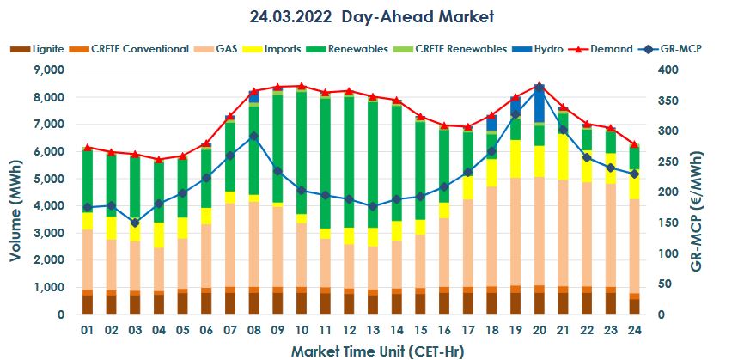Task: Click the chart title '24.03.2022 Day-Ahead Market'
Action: point(371,16)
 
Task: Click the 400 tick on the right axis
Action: point(674,70)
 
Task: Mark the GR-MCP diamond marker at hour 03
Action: point(135,223)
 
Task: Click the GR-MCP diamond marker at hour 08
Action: point(253,136)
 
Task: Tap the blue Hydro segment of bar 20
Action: point(539,105)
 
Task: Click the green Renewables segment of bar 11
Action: point(325,163)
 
